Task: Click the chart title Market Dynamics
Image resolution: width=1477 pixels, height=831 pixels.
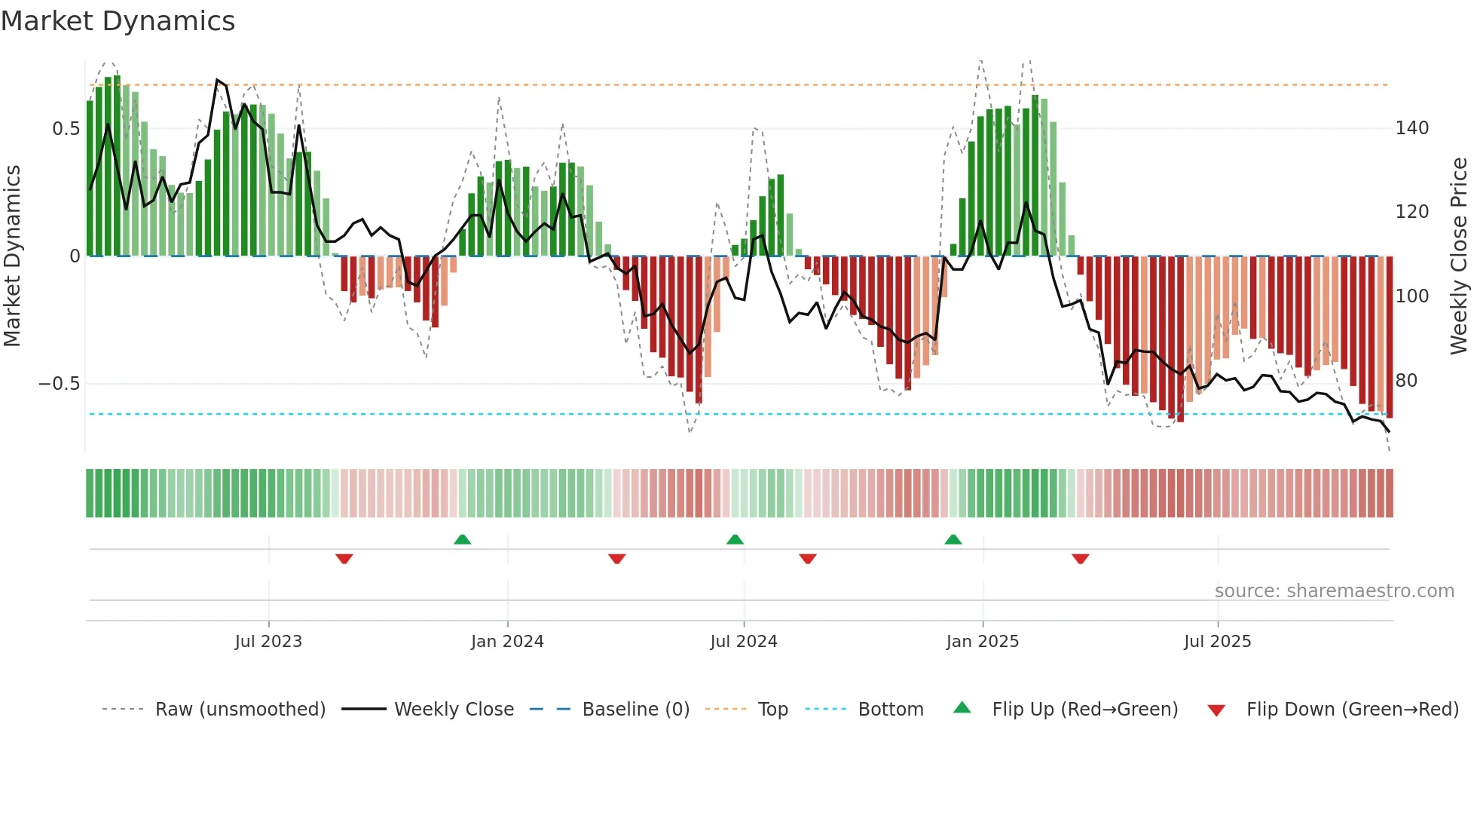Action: coord(118,21)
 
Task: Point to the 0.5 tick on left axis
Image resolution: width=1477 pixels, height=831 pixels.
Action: coord(66,129)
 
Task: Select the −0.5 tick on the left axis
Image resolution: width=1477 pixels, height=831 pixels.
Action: coord(59,384)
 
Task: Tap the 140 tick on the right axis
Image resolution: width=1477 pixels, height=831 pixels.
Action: coord(1411,128)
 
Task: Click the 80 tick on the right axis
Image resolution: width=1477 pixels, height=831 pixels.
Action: coord(1406,381)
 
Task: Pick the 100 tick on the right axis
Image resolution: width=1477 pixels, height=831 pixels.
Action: coord(1411,296)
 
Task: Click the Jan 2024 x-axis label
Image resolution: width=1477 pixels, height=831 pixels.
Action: coord(507,642)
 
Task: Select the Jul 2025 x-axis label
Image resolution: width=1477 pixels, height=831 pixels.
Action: coord(1217,642)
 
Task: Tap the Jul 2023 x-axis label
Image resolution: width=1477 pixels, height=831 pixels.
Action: coord(268,642)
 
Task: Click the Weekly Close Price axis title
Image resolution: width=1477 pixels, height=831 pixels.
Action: coord(1459,256)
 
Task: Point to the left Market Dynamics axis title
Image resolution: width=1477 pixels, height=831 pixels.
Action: coord(12,256)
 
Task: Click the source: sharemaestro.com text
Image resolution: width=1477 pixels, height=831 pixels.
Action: coord(1334,591)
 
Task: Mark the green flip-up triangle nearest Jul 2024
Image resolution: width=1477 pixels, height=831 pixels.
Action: coord(735,539)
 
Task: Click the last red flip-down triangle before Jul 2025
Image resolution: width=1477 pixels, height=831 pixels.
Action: coord(1080,559)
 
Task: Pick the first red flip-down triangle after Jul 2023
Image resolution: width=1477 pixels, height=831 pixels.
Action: coord(344,559)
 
